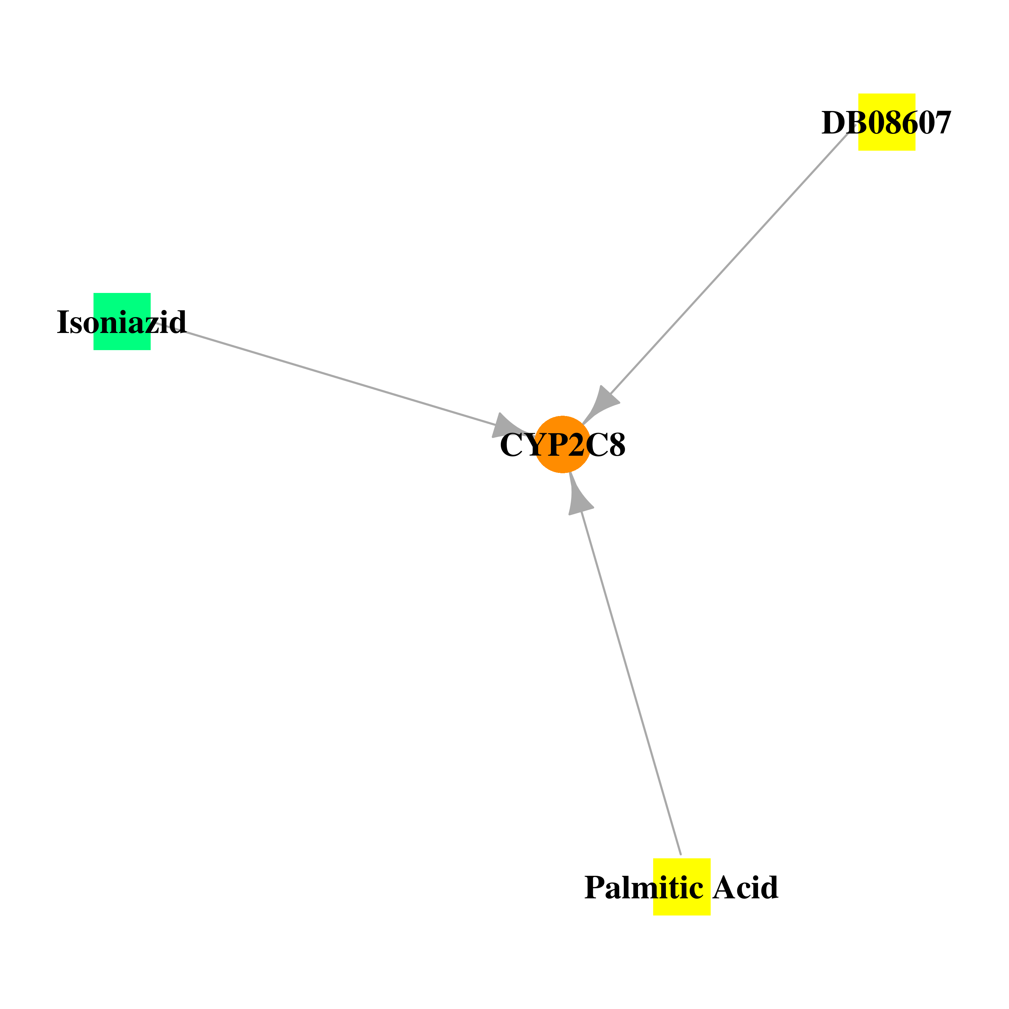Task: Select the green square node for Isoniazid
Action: tap(122, 322)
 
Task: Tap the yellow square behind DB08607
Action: tap(887, 122)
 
